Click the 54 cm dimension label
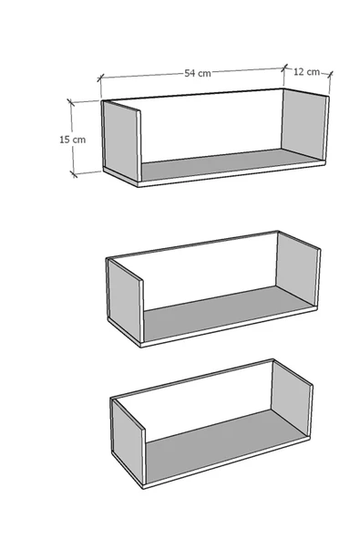pyautogui.click(x=198, y=73)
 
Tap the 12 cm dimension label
pyautogui.click(x=306, y=72)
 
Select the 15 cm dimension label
pyautogui.click(x=73, y=140)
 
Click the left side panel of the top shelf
pyautogui.click(x=121, y=140)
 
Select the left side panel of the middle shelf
pyautogui.click(x=125, y=299)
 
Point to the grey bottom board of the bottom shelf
pyautogui.click(x=227, y=445)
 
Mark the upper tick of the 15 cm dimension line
pyautogui.click(x=70, y=102)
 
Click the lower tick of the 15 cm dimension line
pyautogui.click(x=73, y=174)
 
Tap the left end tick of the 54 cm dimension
pyautogui.click(x=100, y=78)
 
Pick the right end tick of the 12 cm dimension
pyautogui.click(x=330, y=74)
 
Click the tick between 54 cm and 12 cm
pyautogui.click(x=284, y=67)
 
